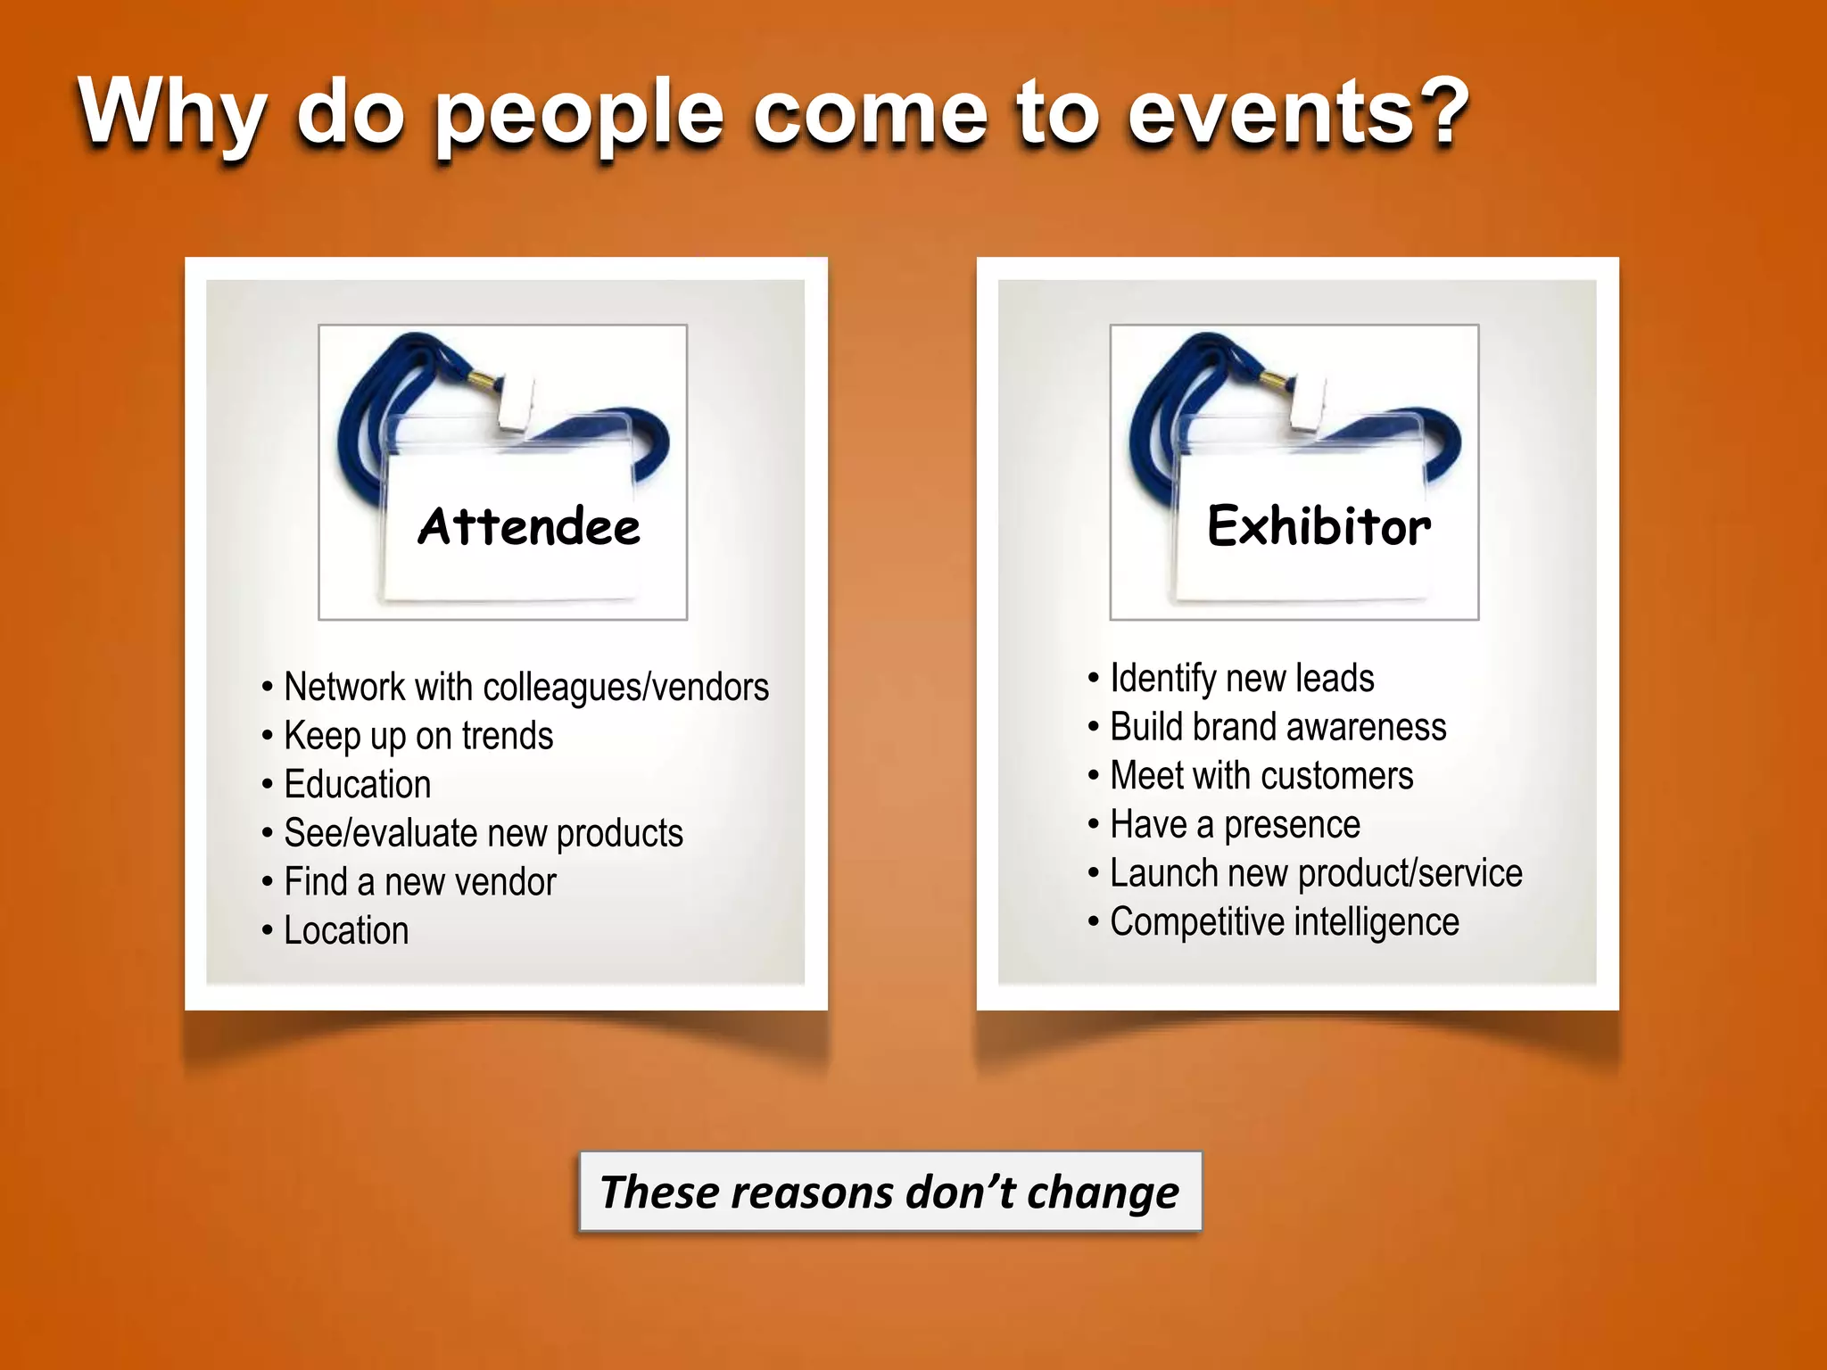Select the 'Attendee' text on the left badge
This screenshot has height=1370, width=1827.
(x=529, y=526)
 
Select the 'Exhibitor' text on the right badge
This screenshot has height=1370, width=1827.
(x=1319, y=526)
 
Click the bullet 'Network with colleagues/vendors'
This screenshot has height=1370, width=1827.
(x=525, y=688)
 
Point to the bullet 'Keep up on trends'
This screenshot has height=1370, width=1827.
(x=417, y=737)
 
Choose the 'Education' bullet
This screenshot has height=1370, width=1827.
(x=357, y=785)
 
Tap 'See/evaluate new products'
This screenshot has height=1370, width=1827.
(x=483, y=834)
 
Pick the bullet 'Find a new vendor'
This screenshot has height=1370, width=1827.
(x=419, y=882)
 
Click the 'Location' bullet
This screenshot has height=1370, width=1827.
(x=346, y=931)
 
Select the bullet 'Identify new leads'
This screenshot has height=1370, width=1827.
(x=1241, y=679)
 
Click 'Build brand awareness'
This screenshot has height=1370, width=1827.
(x=1277, y=728)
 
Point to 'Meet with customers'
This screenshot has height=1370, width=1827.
(x=1261, y=776)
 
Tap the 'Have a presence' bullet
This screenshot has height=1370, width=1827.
(x=1235, y=825)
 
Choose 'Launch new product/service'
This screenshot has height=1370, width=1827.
(x=1315, y=873)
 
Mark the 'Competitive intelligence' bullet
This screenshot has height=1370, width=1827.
(x=1284, y=922)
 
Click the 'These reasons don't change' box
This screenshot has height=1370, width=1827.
(x=890, y=1193)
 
